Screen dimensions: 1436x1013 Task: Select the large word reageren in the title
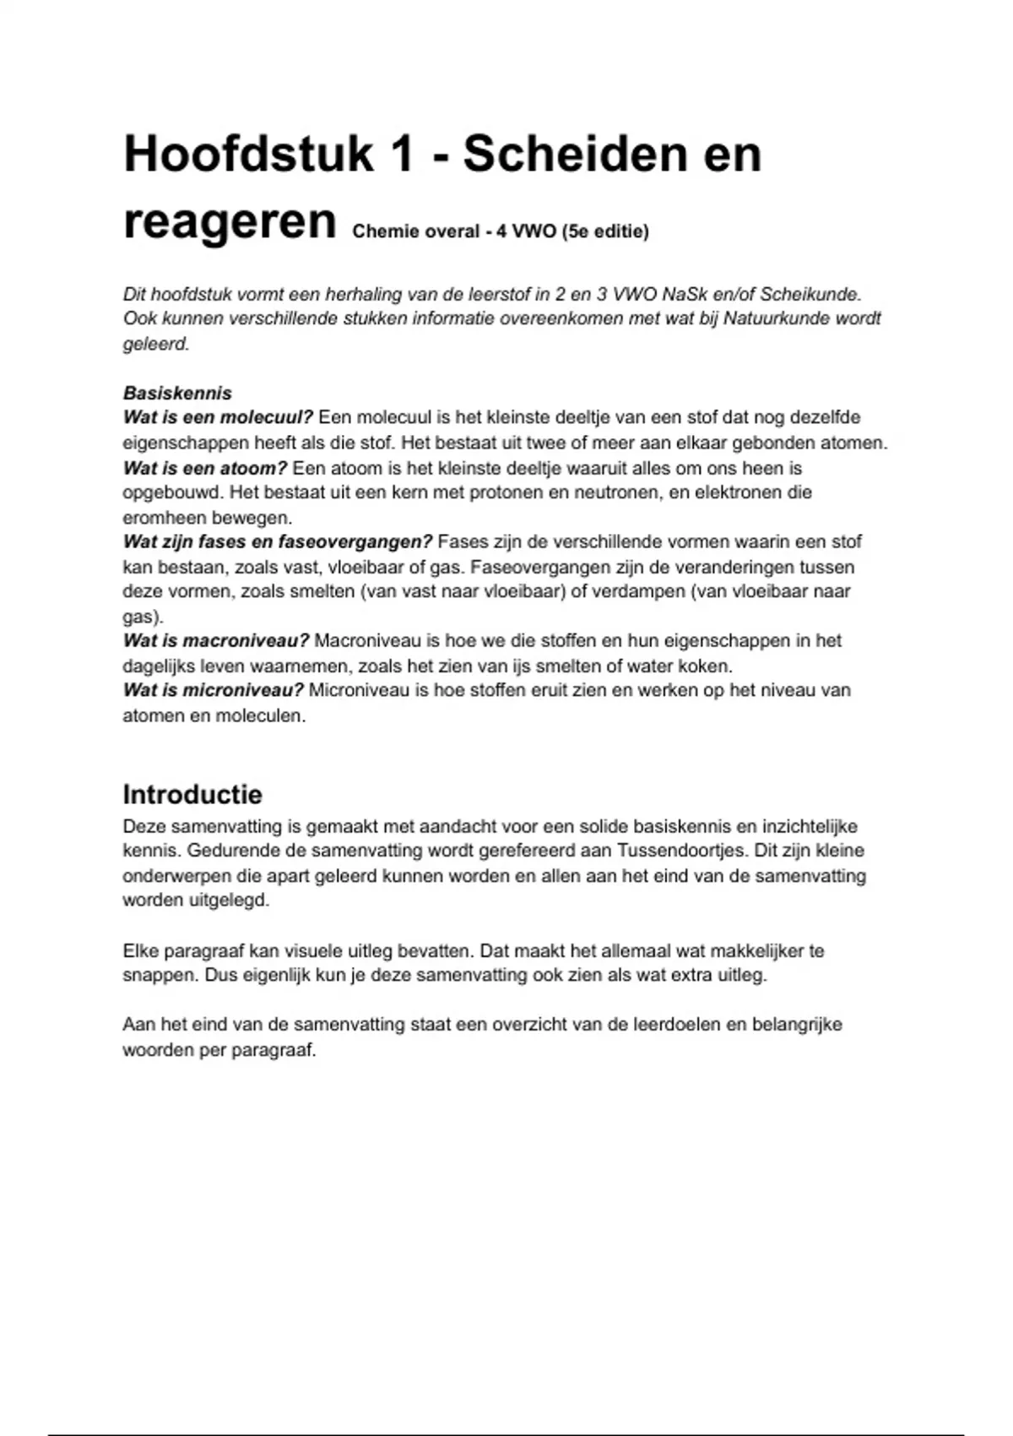[230, 222]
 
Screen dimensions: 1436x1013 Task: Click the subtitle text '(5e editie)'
[605, 231]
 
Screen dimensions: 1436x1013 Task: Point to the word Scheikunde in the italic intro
[810, 295]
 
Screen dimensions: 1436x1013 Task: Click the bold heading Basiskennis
[177, 393]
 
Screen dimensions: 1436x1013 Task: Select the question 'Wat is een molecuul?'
[218, 417]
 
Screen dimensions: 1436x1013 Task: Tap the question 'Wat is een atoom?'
[205, 468]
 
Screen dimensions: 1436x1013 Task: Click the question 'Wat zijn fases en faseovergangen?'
[278, 541]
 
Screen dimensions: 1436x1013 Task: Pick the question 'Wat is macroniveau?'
[216, 641]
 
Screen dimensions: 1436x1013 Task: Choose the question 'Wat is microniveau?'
[214, 690]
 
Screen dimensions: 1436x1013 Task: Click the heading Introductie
[192, 794]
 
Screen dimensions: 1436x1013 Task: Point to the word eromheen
[162, 518]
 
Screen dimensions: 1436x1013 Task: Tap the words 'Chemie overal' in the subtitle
[415, 231]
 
